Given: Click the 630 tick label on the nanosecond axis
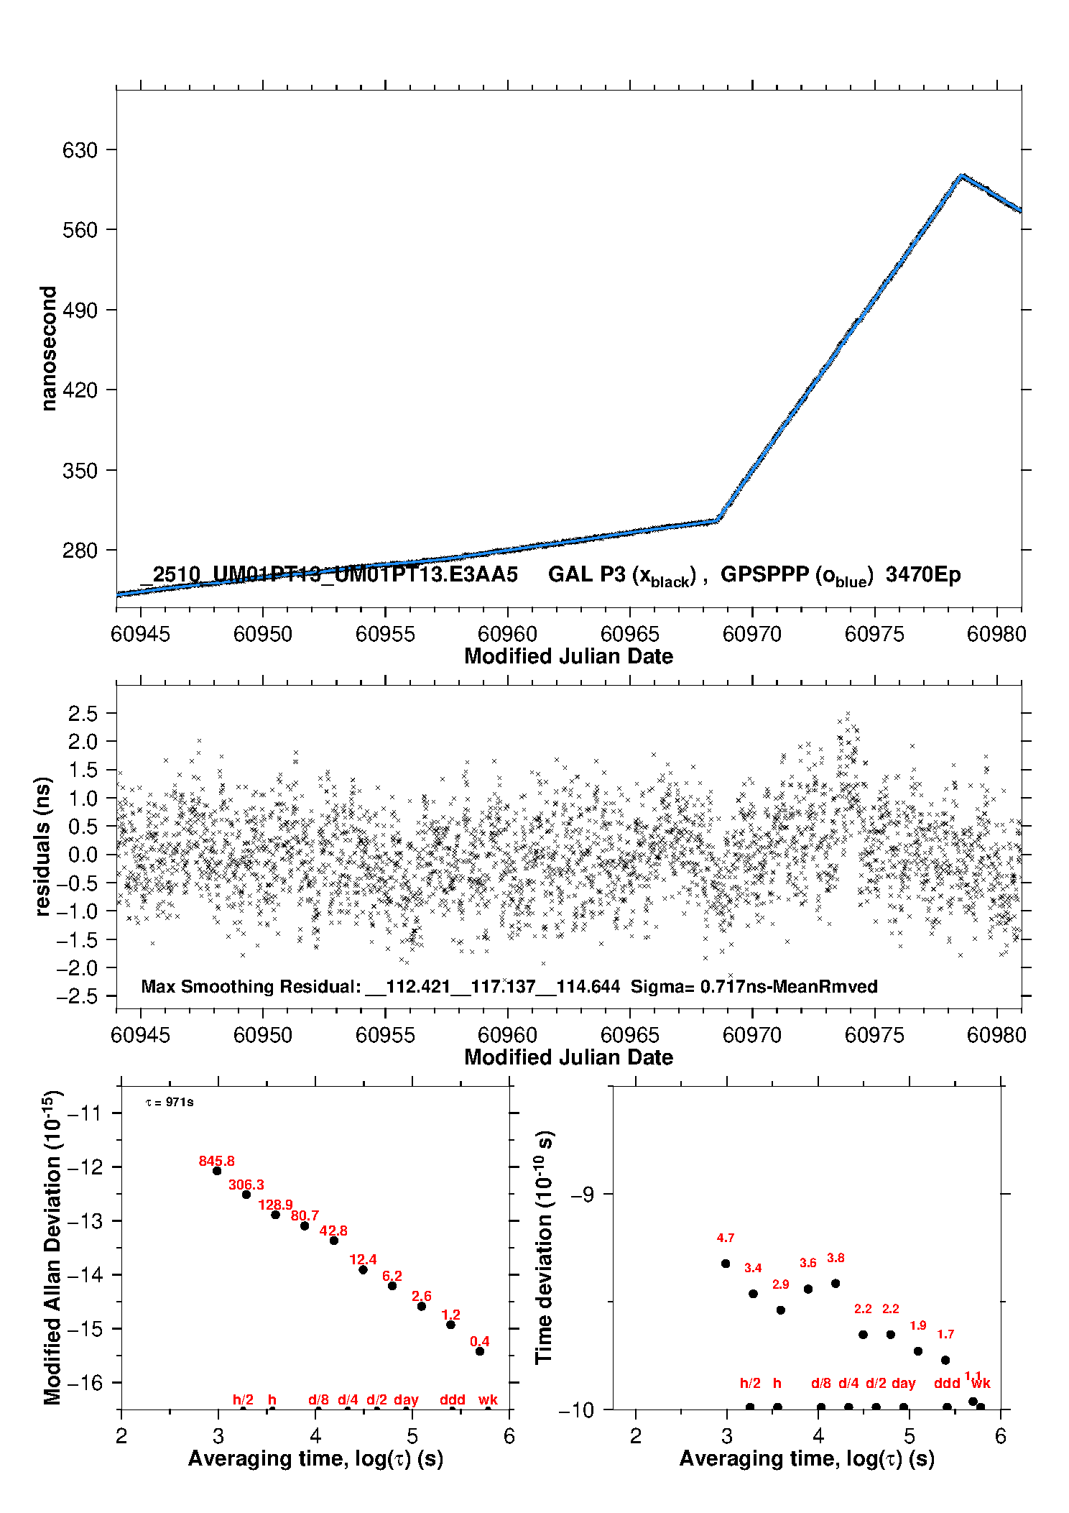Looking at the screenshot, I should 79,150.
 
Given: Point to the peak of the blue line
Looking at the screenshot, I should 961,175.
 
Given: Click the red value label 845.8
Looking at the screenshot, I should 216,1161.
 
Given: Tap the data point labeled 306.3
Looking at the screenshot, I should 246,1195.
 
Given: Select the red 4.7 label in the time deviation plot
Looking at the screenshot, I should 725,1238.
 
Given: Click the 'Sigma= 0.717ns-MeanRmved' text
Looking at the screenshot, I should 754,986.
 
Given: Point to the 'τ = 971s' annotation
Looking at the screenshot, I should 170,1103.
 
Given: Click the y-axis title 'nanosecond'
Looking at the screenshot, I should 48,349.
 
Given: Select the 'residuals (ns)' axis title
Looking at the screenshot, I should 43,847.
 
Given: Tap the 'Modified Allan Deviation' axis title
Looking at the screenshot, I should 52,1247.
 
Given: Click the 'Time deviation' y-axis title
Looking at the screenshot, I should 544,1247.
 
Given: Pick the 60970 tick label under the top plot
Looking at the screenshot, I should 751,634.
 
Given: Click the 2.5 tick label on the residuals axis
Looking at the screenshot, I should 83,714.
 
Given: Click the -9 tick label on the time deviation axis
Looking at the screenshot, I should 581,1194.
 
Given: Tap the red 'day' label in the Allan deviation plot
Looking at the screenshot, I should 406,1399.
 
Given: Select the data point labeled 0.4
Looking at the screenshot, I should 480,1351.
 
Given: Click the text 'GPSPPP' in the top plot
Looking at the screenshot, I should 764,574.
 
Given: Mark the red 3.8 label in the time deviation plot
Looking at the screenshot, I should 836,1258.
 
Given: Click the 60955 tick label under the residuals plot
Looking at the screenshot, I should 385,1035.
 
